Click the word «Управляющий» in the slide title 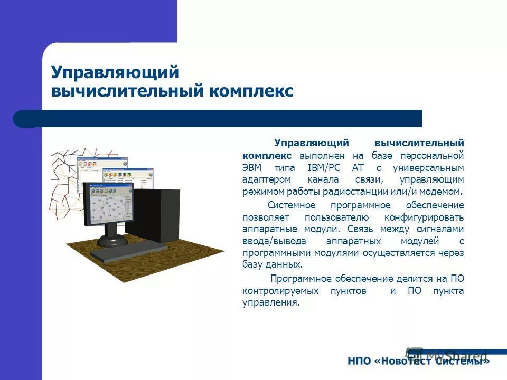tap(115, 72)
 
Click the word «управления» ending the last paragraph tap(269, 303)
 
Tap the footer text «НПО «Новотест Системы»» tap(418, 362)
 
